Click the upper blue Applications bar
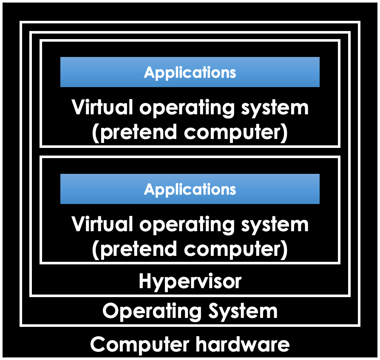pyautogui.click(x=190, y=72)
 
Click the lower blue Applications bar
pyautogui.click(x=190, y=189)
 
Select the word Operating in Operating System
pyautogui.click(x=152, y=312)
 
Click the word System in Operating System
pyautogui.click(x=243, y=312)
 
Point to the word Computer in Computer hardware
pyautogui.click(x=140, y=345)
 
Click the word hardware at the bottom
pyautogui.click(x=243, y=344)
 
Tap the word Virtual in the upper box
pyautogui.click(x=102, y=107)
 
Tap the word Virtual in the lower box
pyautogui.click(x=102, y=224)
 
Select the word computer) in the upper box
pyautogui.click(x=236, y=133)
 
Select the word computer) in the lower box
pyautogui.click(x=236, y=250)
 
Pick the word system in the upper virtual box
pyautogui.click(x=275, y=108)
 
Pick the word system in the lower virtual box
pyautogui.click(x=275, y=226)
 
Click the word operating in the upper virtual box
pyautogui.click(x=187, y=108)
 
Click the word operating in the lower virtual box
pyautogui.click(x=187, y=225)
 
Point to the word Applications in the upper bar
pyautogui.click(x=190, y=72)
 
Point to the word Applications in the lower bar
pyautogui.click(x=190, y=189)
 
